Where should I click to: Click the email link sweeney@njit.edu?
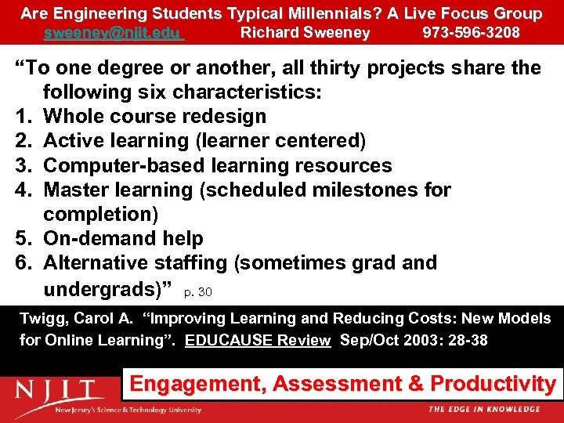[x=113, y=33]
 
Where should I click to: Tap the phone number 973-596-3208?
[x=471, y=33]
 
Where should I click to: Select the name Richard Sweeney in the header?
[x=305, y=33]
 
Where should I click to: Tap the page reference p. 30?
[x=197, y=292]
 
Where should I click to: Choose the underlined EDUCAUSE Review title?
[x=258, y=340]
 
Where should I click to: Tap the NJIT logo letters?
[x=59, y=389]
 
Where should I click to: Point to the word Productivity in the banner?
[x=493, y=384]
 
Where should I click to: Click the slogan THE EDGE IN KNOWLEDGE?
[x=483, y=409]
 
